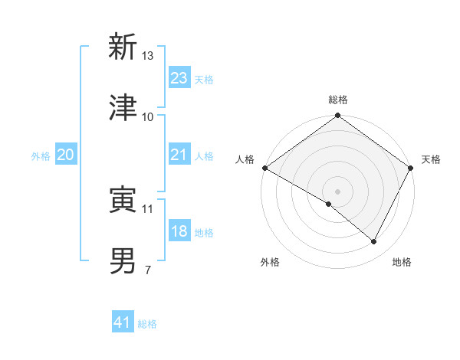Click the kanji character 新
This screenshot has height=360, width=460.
[123, 47]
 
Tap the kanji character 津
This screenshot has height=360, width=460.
[123, 108]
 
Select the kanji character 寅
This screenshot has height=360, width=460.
[123, 201]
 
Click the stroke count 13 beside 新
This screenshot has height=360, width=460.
[148, 56]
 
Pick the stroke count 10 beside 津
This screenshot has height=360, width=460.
[148, 117]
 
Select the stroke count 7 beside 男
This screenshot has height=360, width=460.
[148, 270]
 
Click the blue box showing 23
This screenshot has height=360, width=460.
[179, 78]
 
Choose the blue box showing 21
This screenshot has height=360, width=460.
[179, 155]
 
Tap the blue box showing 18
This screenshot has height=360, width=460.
[179, 231]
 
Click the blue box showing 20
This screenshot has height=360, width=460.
[66, 155]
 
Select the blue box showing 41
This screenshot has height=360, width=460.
[123, 323]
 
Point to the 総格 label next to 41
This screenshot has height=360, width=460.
[147, 324]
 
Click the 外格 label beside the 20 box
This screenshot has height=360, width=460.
[41, 155]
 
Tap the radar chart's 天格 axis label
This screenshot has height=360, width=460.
[431, 159]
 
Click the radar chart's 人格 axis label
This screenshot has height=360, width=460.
[245, 159]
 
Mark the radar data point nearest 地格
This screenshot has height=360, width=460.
[374, 242]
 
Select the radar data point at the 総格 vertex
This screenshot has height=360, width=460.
[337, 116]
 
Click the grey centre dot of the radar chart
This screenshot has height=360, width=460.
[337, 191]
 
